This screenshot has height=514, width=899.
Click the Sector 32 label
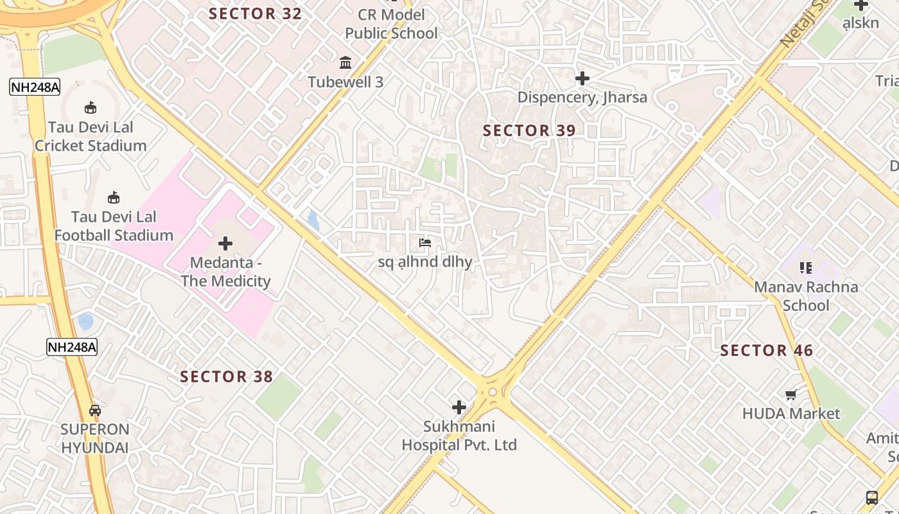coord(255,13)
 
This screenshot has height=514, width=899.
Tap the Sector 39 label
coord(529,130)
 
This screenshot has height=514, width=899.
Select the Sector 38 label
coord(226,377)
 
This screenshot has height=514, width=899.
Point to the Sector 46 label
coord(766,350)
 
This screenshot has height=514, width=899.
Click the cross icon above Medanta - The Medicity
coord(225,244)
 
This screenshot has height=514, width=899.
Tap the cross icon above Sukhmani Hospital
coord(459,407)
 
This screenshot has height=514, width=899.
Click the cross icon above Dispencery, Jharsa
coord(582,78)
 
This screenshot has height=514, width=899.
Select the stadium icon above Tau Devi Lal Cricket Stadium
coord(91,108)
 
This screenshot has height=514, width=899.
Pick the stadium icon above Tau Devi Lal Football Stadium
coord(114,197)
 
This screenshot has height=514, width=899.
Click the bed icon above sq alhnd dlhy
coord(424,243)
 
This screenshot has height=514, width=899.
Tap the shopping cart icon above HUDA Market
coord(790,394)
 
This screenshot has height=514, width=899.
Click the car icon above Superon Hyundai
coord(95,410)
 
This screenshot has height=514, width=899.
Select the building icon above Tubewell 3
coord(345,62)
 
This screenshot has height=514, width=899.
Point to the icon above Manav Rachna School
coord(805,267)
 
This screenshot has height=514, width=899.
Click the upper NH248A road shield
coord(35,87)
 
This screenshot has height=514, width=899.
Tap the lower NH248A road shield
coord(72,348)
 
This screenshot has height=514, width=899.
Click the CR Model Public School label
coord(391,24)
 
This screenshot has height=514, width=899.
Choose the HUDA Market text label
coord(790,413)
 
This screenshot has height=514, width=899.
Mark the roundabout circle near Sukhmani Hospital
coord(493,392)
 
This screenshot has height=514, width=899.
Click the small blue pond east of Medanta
coord(313,220)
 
